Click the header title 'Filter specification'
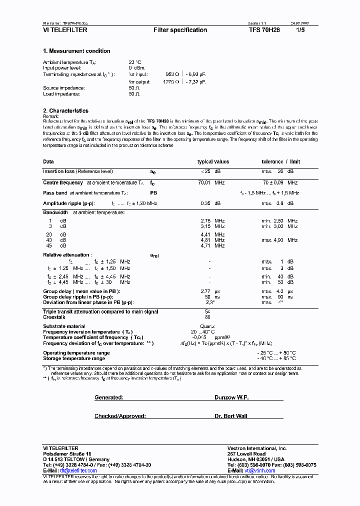(180, 30)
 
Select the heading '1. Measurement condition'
(76, 51)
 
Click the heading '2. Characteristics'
(65, 111)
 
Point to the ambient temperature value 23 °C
(135, 62)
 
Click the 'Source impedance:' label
(64, 88)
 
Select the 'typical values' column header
(213, 162)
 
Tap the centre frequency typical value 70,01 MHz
(211, 183)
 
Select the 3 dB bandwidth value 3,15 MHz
(212, 226)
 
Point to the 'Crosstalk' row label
(54, 317)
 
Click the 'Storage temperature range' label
(74, 358)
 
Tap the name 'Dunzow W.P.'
(231, 397)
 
